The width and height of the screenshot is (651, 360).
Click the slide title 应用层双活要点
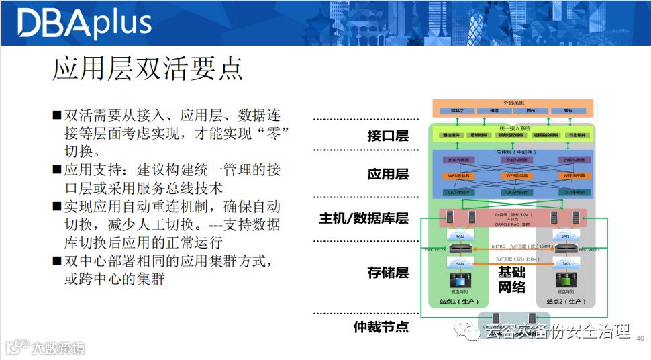148,69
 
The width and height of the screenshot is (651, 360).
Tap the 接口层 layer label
387,136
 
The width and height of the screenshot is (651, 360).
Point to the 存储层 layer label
387,273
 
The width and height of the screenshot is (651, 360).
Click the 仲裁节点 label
381,327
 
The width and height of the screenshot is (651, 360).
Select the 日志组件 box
577,135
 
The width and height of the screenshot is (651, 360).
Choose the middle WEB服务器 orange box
514,175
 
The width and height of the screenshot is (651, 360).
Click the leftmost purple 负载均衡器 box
458,160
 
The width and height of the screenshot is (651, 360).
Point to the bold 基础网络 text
511,280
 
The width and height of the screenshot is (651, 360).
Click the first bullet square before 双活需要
57,116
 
